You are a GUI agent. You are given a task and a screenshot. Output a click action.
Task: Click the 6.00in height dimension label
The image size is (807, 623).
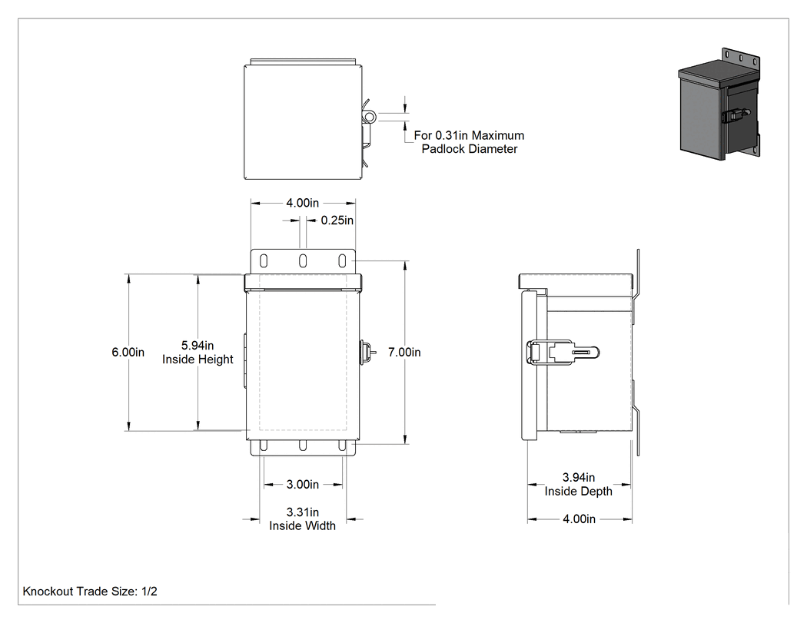point(128,353)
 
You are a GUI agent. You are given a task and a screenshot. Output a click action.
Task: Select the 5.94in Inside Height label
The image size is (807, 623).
point(198,353)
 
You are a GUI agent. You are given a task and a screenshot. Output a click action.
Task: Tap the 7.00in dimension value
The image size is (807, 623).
point(404,353)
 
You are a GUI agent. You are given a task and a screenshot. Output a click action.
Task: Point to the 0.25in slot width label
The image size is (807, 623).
point(337,220)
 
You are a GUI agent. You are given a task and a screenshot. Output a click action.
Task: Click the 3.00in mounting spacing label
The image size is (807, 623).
point(303,484)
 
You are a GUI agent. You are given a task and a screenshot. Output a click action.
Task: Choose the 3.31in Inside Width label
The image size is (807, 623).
point(303,519)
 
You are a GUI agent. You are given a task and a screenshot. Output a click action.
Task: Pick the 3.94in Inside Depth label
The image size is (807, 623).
point(579,484)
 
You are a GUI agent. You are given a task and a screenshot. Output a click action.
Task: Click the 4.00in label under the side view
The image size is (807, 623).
point(579,519)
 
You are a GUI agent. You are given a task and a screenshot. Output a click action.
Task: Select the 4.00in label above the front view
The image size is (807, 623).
point(303,203)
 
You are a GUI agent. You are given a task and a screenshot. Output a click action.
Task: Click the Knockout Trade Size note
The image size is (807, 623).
point(90,591)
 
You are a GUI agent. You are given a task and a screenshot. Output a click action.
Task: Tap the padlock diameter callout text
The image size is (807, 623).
point(469,142)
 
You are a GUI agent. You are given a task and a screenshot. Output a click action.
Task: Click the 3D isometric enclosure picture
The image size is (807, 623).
point(719,103)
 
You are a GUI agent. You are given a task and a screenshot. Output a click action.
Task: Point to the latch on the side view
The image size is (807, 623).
point(563,353)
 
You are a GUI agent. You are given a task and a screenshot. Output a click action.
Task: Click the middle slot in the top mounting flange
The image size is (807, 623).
point(303,261)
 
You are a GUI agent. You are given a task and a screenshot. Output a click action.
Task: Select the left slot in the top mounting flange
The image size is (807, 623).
point(264,261)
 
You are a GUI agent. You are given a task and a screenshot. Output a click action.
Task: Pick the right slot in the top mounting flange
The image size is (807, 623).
point(342,261)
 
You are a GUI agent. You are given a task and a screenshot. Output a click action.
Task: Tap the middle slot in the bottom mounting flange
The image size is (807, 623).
point(303,446)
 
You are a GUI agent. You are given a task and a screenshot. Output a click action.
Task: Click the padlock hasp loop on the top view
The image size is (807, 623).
point(370,117)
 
